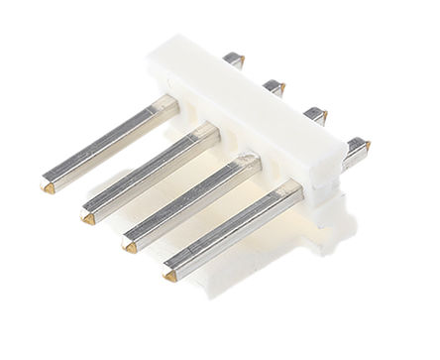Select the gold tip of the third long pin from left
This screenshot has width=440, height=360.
tap(129, 241)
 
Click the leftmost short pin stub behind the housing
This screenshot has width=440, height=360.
tap(234, 60)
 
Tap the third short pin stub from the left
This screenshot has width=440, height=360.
tap(315, 115)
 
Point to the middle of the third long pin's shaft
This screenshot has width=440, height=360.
tap(188, 201)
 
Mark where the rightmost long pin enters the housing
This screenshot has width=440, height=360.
tap(293, 190)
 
